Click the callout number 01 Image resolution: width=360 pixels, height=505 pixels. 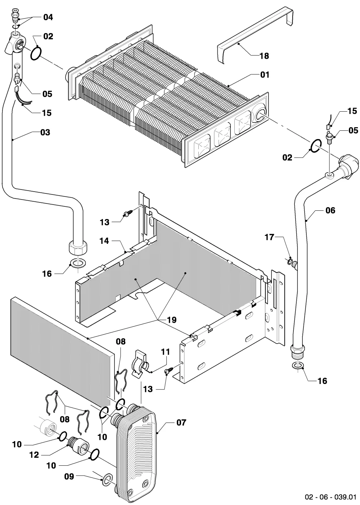265,75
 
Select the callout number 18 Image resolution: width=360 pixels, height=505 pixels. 264,56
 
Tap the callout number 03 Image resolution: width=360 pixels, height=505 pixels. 45,132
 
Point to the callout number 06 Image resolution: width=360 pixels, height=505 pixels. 330,210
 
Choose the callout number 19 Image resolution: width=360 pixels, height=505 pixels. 172,320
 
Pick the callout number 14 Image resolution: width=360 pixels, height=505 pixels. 104,241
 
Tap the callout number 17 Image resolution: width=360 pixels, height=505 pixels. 269,237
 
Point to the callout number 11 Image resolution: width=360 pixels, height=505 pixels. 165,352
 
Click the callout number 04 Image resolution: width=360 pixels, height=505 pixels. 48,17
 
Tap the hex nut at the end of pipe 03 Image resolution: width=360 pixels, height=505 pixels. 78,247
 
